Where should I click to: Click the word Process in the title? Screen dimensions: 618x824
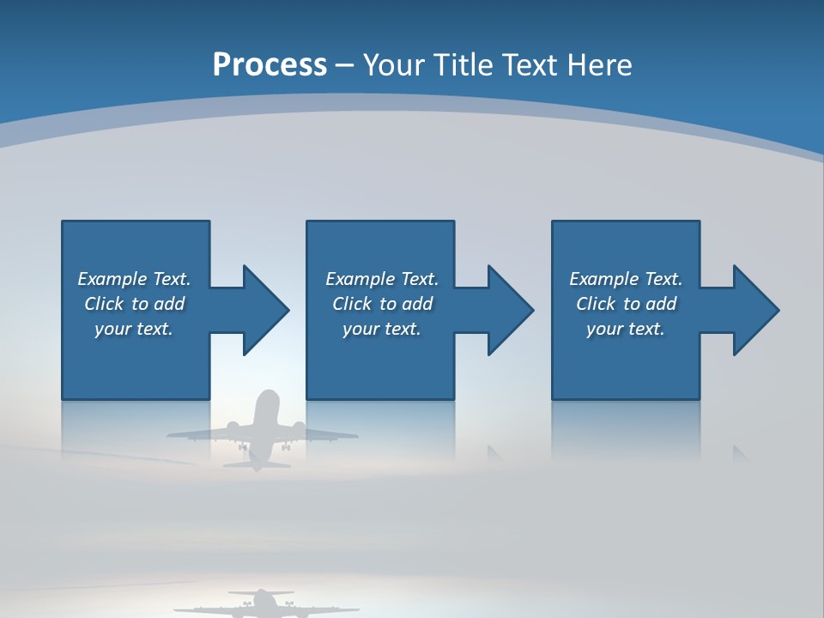click(x=270, y=65)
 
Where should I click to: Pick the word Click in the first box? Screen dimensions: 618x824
click(x=104, y=304)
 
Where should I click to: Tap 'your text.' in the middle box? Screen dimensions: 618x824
click(x=381, y=329)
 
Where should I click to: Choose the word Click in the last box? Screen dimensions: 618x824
click(x=596, y=304)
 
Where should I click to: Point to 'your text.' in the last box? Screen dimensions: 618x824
click(x=625, y=329)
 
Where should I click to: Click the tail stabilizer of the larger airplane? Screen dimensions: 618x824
click(x=257, y=464)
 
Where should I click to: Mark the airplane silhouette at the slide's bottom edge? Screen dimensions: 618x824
click(x=262, y=604)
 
